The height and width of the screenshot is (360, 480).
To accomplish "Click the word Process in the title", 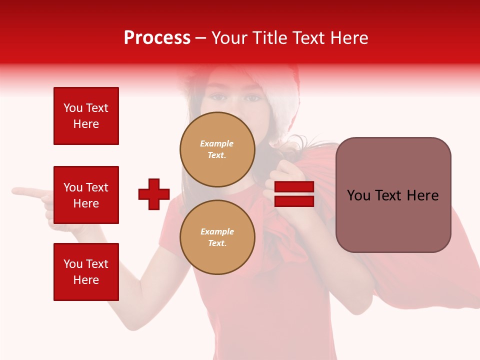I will point(157,38).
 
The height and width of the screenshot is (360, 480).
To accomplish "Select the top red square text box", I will point(86,116).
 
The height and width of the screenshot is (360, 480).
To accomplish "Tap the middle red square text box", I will point(86,195).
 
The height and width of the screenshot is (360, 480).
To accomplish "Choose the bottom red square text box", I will point(86,272).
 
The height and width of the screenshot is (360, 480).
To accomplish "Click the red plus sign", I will point(154,194).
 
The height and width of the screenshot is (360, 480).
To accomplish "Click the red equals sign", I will point(294,194).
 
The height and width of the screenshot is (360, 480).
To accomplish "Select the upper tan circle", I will point(217,149).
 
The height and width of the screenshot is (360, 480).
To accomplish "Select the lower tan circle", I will point(217,237).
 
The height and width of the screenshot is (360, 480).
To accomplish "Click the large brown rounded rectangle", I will point(393,195).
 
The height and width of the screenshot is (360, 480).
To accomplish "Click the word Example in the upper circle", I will point(216,143).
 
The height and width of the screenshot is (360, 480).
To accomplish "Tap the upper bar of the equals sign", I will point(294,187).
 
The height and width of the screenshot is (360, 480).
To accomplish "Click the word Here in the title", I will point(348,38).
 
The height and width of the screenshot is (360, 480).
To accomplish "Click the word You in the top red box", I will point(73,108).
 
